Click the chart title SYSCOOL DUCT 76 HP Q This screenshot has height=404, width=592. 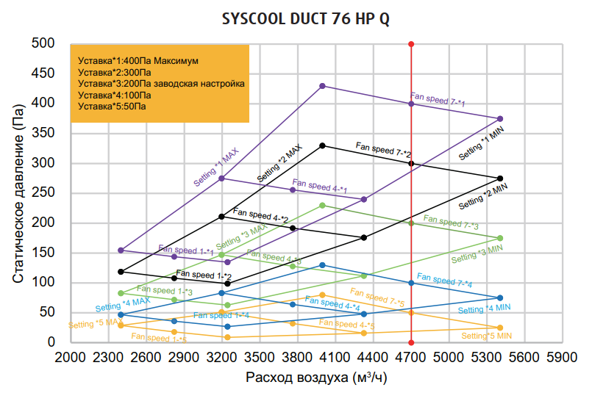(306, 19)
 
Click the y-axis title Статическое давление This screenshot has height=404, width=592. (19, 193)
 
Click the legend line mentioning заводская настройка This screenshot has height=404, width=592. (161, 84)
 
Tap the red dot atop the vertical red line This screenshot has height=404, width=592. (411, 45)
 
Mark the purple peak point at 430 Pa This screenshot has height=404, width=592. (322, 86)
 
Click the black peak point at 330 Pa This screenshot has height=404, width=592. (322, 145)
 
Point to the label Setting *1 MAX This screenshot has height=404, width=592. (216, 168)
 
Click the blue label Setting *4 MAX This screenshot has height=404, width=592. (123, 303)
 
